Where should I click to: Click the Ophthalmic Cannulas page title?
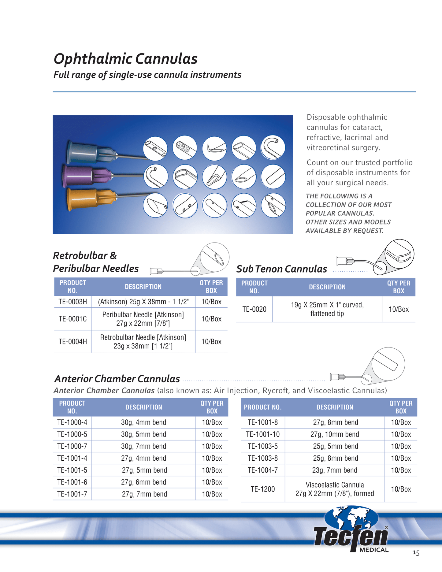click(x=125, y=59)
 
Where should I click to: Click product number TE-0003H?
click(x=73, y=302)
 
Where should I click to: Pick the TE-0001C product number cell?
click(x=73, y=319)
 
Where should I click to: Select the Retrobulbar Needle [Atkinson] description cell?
click(x=143, y=342)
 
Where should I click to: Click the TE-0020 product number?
click(x=254, y=309)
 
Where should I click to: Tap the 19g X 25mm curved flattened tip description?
click(x=327, y=309)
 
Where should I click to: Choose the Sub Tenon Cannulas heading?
click(x=281, y=269)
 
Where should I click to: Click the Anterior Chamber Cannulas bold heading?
click(x=117, y=379)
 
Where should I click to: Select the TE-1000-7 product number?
click(x=72, y=446)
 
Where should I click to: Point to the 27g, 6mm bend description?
click(x=143, y=482)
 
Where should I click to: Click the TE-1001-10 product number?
click(x=262, y=434)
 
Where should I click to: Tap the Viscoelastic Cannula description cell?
click(x=335, y=489)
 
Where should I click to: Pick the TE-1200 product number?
click(x=262, y=489)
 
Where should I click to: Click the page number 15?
click(x=416, y=553)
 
